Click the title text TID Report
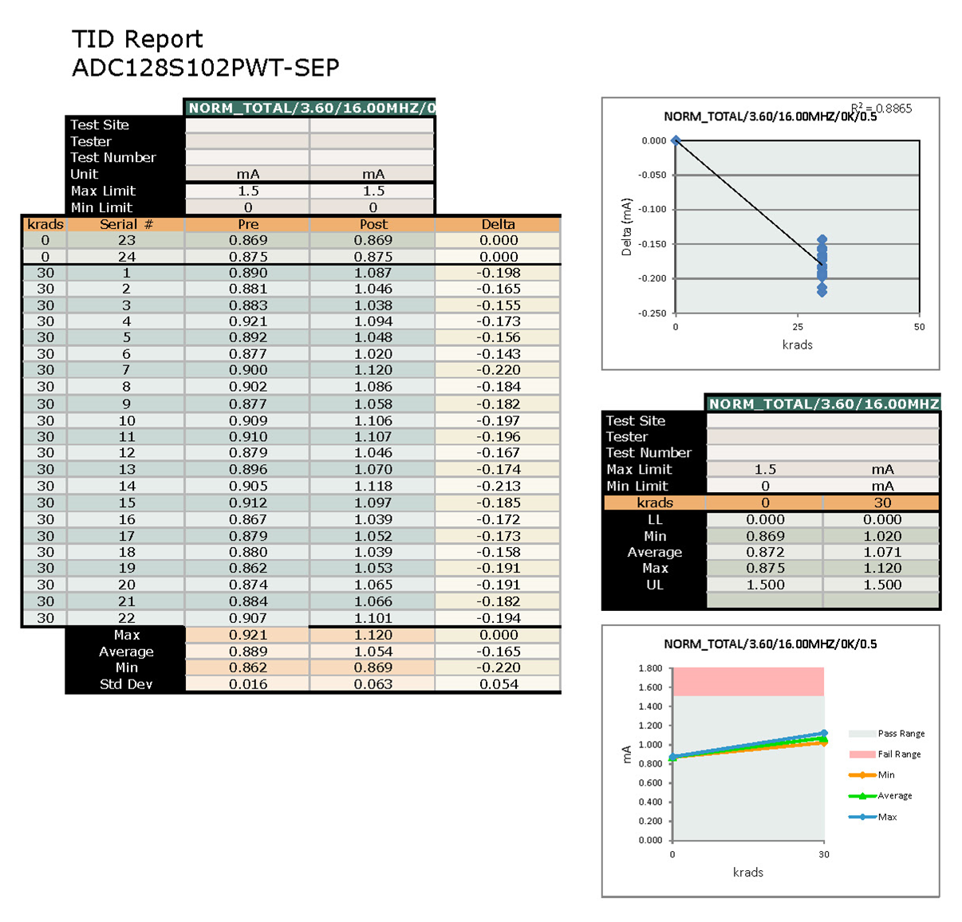coord(137,39)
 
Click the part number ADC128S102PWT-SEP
coord(205,68)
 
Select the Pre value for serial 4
coord(248,321)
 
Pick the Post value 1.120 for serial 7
coord(373,370)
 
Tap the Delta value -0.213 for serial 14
coord(499,487)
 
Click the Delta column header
coord(499,224)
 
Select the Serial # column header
coord(126,224)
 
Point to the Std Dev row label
coord(126,684)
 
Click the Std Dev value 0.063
coord(373,684)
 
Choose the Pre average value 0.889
coord(248,652)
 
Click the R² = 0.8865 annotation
coord(881,108)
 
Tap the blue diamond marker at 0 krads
coord(676,140)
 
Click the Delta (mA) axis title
coord(626,227)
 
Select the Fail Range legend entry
coord(899,755)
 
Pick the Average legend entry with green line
coord(894,796)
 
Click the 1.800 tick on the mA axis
coord(650,668)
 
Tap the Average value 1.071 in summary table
coord(882,552)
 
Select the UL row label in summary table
coord(655,585)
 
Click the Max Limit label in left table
coord(103,191)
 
